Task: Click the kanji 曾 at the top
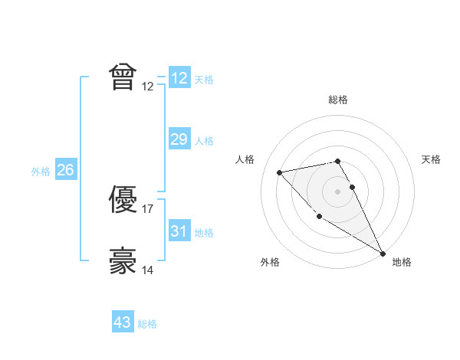pyautogui.click(x=123, y=77)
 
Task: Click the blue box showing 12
pyautogui.click(x=179, y=78)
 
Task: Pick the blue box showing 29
pyautogui.click(x=179, y=139)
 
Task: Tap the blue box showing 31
pyautogui.click(x=179, y=231)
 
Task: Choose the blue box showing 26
pyautogui.click(x=65, y=170)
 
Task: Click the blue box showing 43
pyautogui.click(x=123, y=322)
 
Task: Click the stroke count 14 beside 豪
pyautogui.click(x=148, y=270)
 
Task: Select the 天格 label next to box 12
pyautogui.click(x=204, y=80)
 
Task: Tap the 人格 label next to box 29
pyautogui.click(x=204, y=140)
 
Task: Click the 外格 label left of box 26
pyautogui.click(x=41, y=172)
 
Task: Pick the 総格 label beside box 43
pyautogui.click(x=147, y=324)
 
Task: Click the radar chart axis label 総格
pyautogui.click(x=337, y=100)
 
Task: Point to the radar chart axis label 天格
pyautogui.click(x=432, y=159)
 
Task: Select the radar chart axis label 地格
pyautogui.click(x=402, y=263)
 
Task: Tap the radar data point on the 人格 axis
pyautogui.click(x=279, y=172)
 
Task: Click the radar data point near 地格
pyautogui.click(x=383, y=253)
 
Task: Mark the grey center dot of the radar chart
pyautogui.click(x=337, y=191)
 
